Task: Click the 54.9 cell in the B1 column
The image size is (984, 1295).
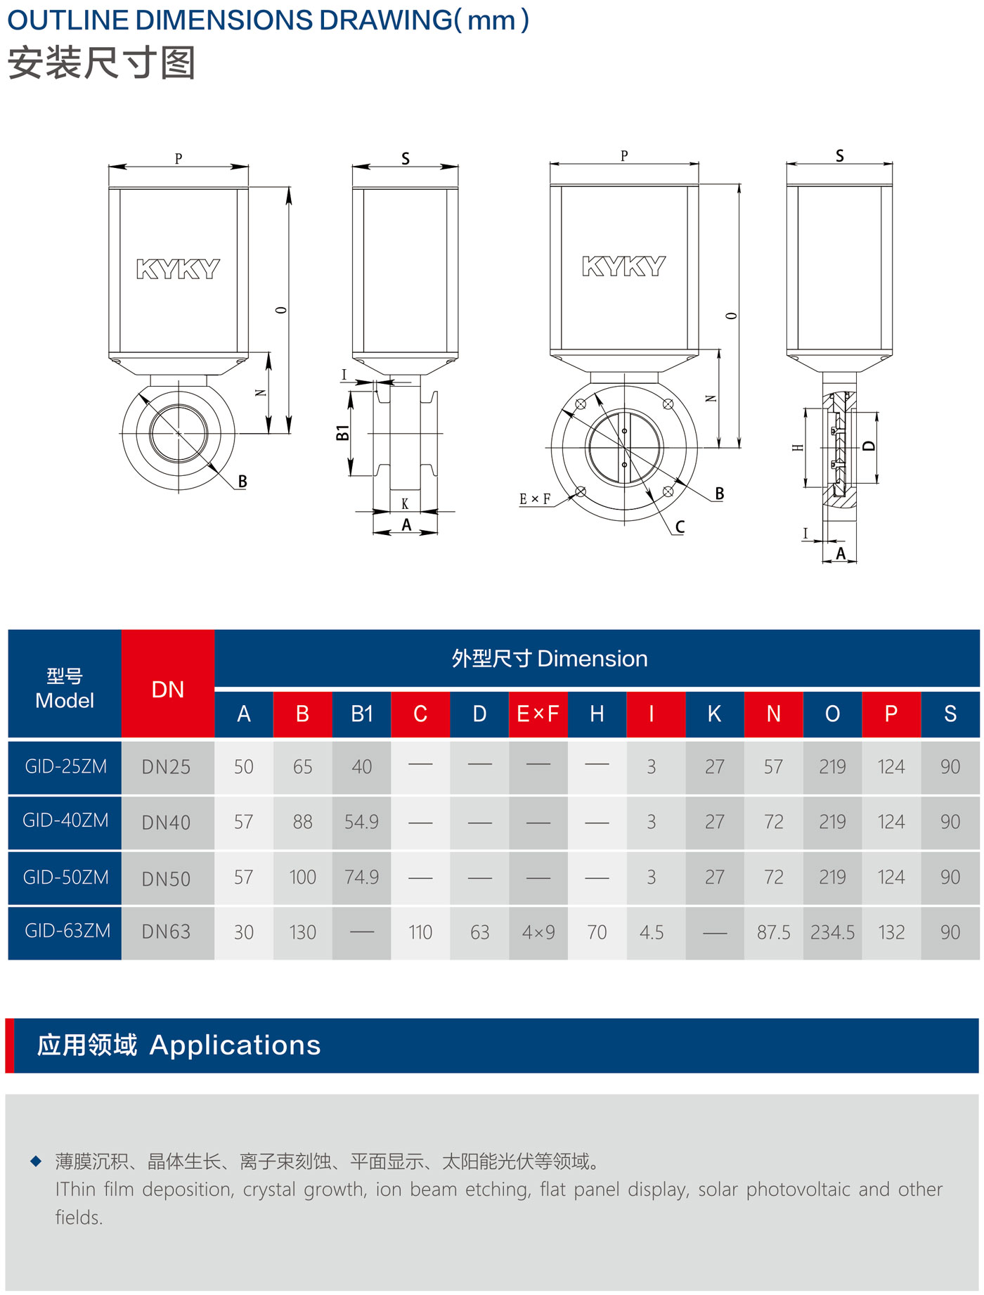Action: point(361,822)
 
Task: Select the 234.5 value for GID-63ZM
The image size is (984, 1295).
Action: point(832,933)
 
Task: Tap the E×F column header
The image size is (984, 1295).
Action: point(538,714)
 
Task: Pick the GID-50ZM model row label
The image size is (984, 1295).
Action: point(65,877)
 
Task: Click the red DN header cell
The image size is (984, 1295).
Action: point(168,690)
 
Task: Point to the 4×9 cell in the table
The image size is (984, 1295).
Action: point(538,933)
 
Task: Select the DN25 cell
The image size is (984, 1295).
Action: point(167,767)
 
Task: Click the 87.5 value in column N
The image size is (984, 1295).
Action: point(773,933)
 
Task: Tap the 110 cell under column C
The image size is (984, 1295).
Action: point(420,933)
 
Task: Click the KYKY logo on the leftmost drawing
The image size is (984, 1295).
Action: point(178,269)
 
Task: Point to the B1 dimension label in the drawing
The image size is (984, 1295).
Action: point(342,433)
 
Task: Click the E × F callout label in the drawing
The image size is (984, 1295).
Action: point(535,499)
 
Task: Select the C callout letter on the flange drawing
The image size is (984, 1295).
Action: point(680,527)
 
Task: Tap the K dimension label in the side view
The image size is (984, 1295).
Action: point(405,504)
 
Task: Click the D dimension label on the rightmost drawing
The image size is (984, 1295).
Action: point(869,446)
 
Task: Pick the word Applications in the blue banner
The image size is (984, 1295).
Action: point(235,1045)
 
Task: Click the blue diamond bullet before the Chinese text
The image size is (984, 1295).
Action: point(36,1161)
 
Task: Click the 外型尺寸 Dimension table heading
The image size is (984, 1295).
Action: point(549,659)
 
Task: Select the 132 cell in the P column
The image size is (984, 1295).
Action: point(891,933)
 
